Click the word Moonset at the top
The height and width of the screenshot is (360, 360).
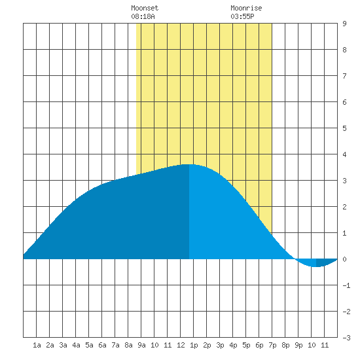(x=145, y=8)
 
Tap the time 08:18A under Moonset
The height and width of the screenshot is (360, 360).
(x=143, y=16)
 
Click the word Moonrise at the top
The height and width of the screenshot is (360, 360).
(x=246, y=8)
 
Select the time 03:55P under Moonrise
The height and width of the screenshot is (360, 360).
(x=242, y=16)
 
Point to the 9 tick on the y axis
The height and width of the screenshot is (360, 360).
(x=344, y=24)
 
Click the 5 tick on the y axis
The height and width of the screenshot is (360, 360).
(x=344, y=128)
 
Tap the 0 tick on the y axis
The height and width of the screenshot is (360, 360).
(x=344, y=259)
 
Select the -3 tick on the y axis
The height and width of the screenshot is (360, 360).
(x=346, y=338)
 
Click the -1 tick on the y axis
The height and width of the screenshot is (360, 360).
(x=346, y=285)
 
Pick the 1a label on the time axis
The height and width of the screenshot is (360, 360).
(x=37, y=345)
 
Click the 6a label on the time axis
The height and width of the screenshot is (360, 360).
(x=102, y=345)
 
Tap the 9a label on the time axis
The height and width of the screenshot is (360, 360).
(x=141, y=345)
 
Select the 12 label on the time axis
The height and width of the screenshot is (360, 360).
(x=181, y=345)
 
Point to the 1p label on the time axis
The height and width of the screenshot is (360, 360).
(x=194, y=345)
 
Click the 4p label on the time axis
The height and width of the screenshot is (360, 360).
(x=233, y=345)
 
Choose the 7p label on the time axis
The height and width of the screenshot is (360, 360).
(x=272, y=345)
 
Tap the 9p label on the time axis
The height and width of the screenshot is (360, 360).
(x=298, y=345)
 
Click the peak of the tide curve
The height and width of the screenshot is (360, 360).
(x=189, y=164)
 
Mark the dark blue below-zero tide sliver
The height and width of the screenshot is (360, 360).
(x=324, y=262)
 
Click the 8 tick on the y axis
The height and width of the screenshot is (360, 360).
(x=344, y=50)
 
